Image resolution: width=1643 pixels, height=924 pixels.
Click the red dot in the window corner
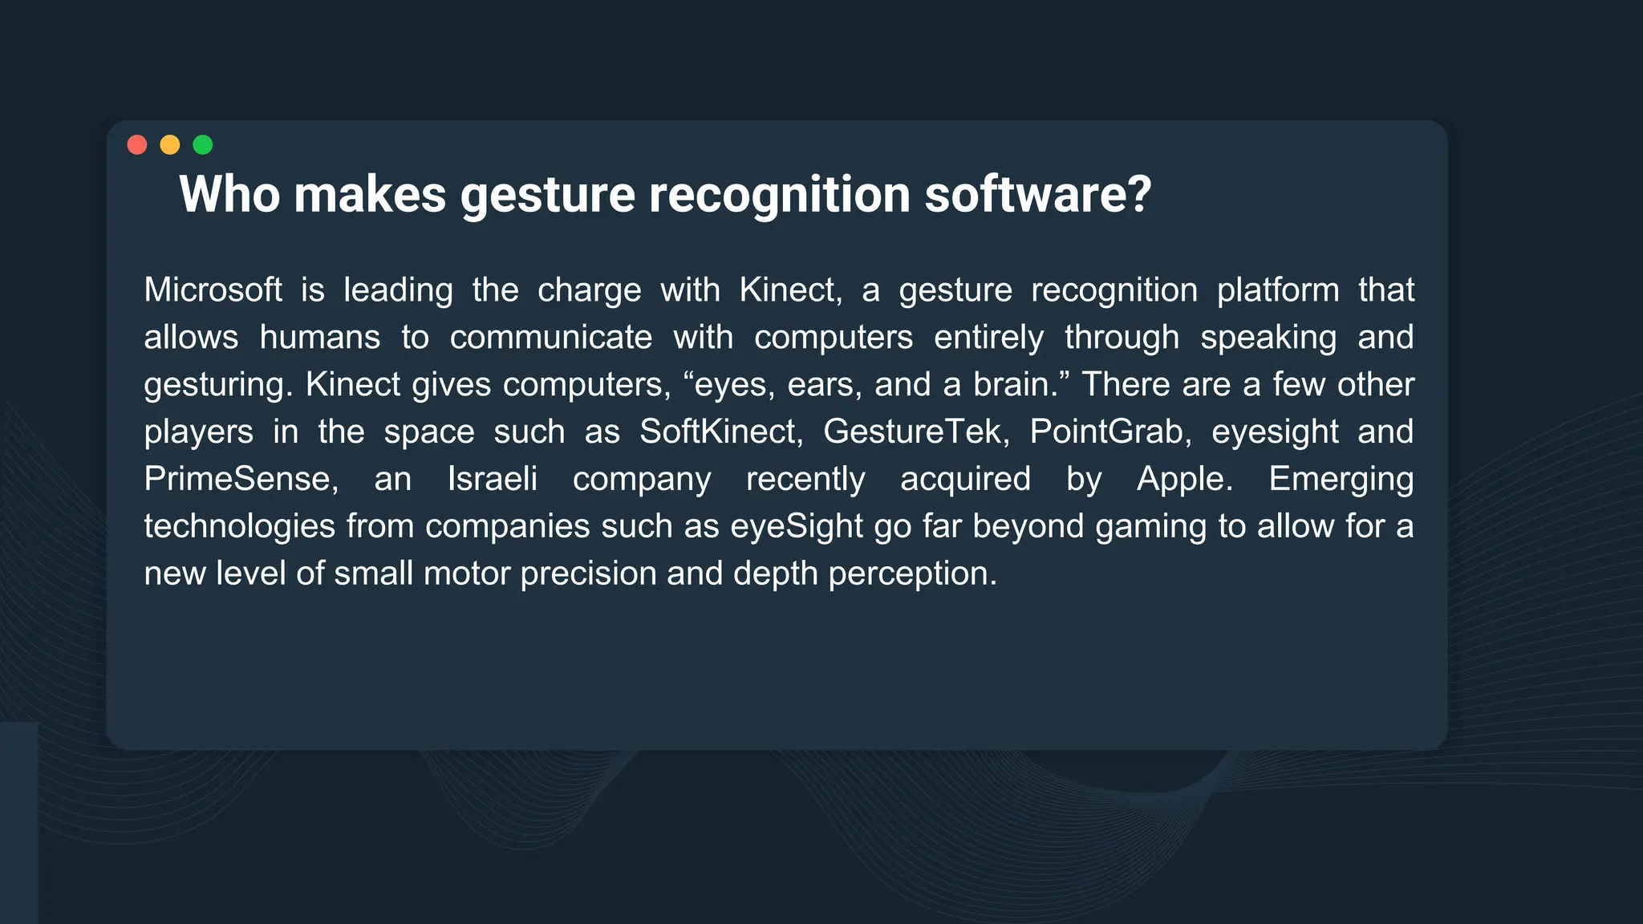tap(137, 144)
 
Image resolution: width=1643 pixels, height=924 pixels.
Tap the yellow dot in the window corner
tap(170, 144)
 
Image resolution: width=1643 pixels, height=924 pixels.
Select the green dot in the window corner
tap(203, 144)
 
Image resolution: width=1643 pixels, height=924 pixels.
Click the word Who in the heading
tap(229, 195)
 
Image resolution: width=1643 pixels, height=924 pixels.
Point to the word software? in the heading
tap(1037, 195)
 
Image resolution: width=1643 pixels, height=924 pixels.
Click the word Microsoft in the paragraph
tap(213, 290)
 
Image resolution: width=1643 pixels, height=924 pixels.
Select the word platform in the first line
tap(1277, 290)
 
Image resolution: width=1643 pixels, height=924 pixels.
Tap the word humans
tap(319, 337)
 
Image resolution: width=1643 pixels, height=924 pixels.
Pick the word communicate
tap(550, 337)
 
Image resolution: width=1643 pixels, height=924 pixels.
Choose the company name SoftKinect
tap(720, 432)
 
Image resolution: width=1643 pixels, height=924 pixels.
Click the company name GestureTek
tap(915, 432)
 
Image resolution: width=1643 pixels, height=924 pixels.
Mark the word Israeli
tap(492, 479)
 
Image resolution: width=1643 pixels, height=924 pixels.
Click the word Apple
tap(1183, 479)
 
